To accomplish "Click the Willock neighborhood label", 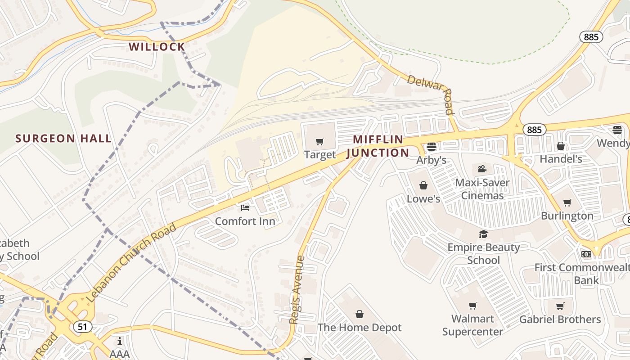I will click(157, 47).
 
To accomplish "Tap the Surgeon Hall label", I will click(63, 139).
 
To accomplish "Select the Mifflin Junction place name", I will click(378, 146).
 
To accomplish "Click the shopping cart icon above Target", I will click(320, 142).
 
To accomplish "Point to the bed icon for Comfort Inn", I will click(245, 208).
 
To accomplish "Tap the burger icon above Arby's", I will click(432, 147).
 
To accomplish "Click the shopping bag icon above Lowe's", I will click(423, 185).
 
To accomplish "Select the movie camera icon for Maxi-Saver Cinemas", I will click(482, 169).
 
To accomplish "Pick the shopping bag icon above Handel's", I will click(561, 146).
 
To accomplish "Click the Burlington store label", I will click(567, 216).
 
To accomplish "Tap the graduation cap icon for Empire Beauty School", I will click(483, 234).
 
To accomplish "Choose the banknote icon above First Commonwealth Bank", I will click(586, 254).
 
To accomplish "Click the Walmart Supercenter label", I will click(472, 325).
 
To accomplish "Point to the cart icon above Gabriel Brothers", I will click(560, 306).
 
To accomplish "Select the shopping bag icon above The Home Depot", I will click(360, 314).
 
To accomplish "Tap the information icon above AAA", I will click(120, 341).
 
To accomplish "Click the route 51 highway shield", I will click(82, 327).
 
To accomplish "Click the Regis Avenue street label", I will click(297, 290).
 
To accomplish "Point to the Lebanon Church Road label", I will click(131, 263).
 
